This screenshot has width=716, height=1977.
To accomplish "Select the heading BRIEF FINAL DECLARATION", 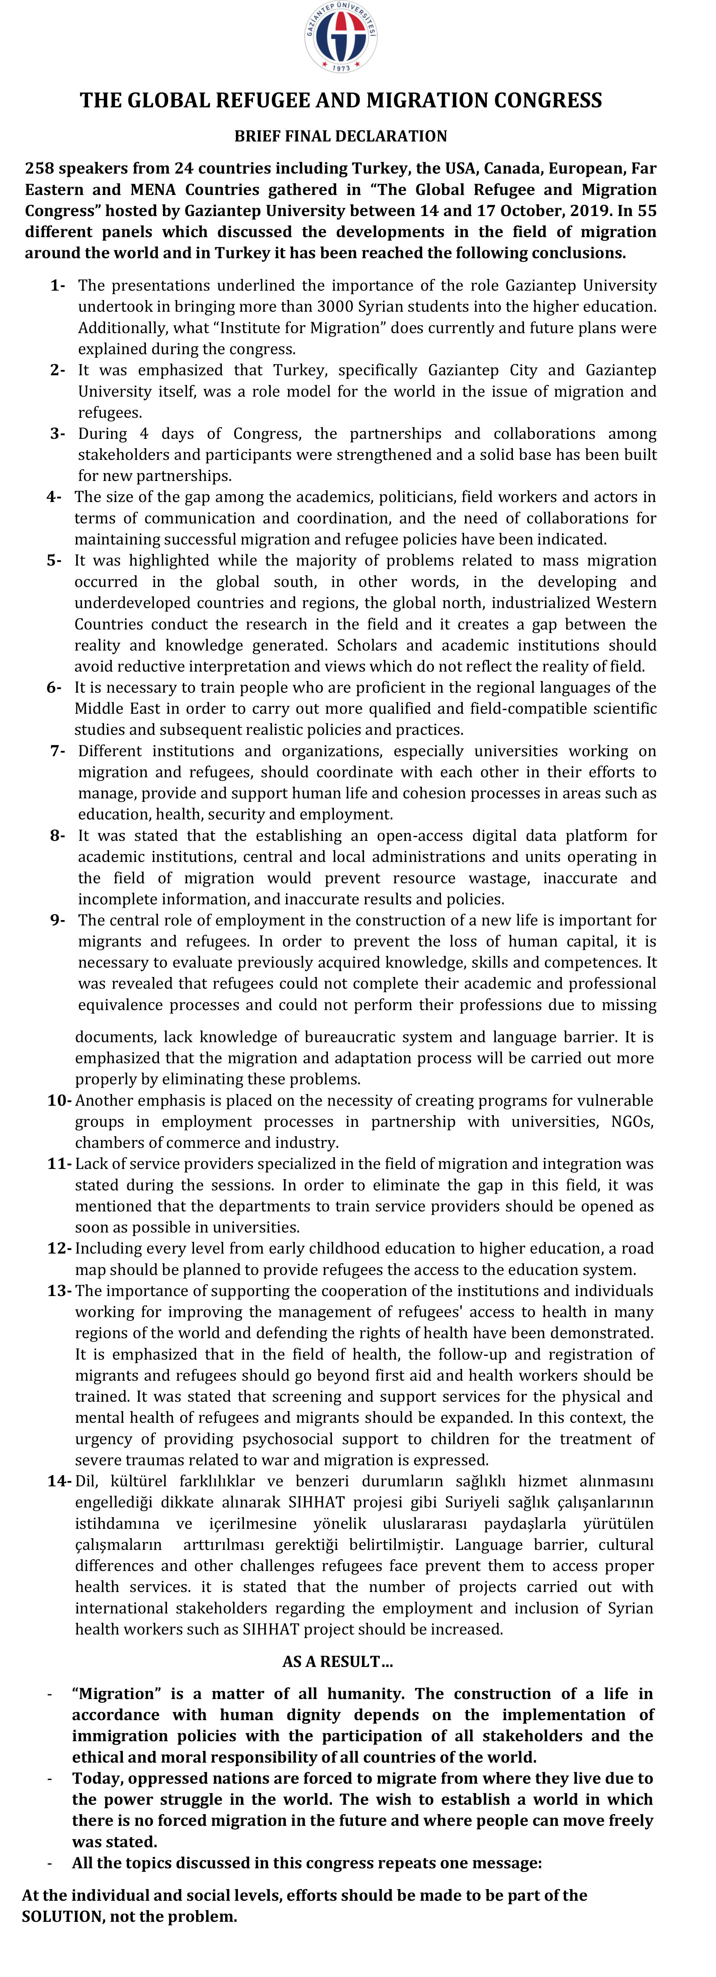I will tap(341, 136).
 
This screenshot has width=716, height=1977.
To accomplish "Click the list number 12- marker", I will tap(59, 1249).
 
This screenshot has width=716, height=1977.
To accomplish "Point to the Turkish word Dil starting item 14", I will tap(87, 1481).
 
